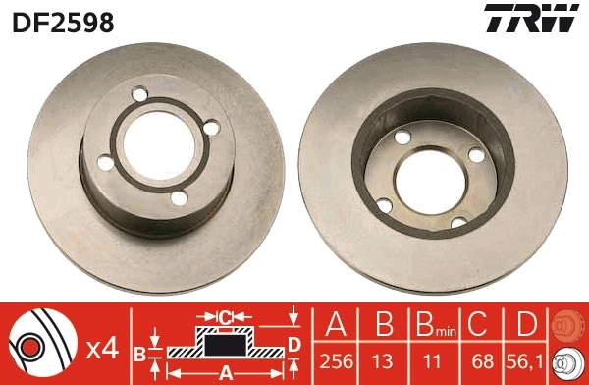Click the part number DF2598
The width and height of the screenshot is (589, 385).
(x=63, y=23)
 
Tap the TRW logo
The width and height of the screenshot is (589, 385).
(x=531, y=19)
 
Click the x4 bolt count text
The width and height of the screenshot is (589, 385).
(x=102, y=349)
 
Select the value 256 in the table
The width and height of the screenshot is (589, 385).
(x=336, y=361)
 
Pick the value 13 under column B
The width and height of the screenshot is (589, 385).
(x=382, y=361)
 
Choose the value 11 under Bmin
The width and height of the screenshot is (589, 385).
(x=431, y=361)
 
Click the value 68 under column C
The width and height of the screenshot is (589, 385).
(x=483, y=361)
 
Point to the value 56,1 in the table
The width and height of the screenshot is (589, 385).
(x=526, y=361)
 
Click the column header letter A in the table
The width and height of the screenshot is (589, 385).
(x=336, y=323)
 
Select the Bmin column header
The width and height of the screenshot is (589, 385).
(x=436, y=324)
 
